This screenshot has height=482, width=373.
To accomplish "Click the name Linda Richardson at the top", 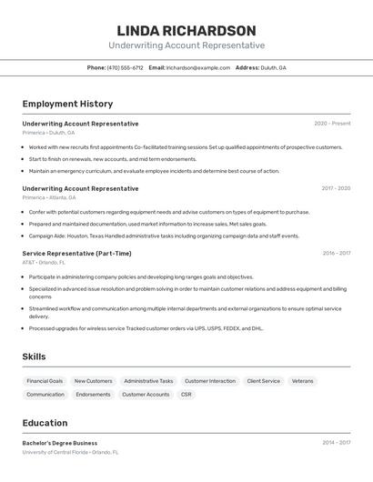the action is pos(186,31).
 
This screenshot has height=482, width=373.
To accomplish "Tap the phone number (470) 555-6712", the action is pos(125,67).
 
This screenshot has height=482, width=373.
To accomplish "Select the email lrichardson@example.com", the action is pos(197,67).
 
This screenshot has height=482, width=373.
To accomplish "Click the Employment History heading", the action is pos(67,104).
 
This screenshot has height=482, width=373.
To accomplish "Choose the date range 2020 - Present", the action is pos(332,124).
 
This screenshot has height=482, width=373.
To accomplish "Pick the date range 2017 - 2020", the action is pos(336,188).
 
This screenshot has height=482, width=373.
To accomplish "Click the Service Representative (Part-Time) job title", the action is pos(76,253).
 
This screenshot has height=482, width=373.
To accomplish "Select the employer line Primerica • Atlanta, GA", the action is pos(49,197).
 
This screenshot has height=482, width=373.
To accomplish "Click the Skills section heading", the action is pos(35,356).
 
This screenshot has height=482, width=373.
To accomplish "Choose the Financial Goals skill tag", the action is pos(45,381).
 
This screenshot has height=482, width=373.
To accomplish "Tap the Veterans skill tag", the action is pos(303,381).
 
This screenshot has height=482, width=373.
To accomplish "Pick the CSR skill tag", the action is pos(186,395).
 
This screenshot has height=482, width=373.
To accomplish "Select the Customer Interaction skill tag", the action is pos(209,381).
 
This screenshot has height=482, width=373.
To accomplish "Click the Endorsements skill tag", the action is pos(93,395).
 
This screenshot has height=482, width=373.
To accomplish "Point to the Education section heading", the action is pos(45,423).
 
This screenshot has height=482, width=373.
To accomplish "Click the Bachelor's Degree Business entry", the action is pos(60,443).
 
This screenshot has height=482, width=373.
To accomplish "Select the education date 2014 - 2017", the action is pos(336,443).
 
